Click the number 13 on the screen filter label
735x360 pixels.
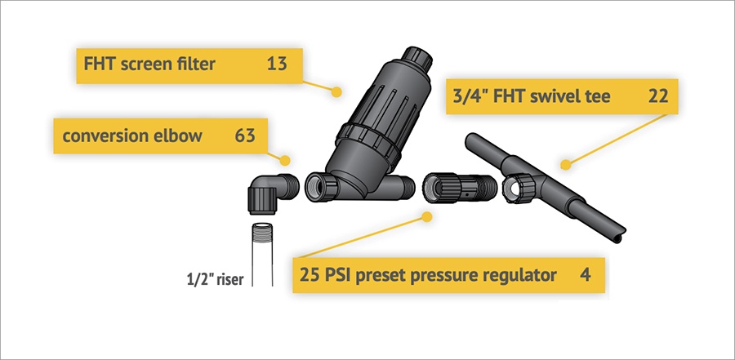277,64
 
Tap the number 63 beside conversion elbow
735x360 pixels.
245,136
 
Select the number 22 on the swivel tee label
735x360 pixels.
658,96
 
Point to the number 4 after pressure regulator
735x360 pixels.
586,274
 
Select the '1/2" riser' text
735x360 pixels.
214,280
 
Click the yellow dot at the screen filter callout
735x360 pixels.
336,92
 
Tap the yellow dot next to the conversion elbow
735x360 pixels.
285,161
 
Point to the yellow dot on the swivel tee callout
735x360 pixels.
566,165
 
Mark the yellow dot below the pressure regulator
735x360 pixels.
426,216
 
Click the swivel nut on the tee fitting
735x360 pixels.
518,188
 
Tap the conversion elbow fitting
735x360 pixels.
272,193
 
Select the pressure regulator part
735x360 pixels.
459,189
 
